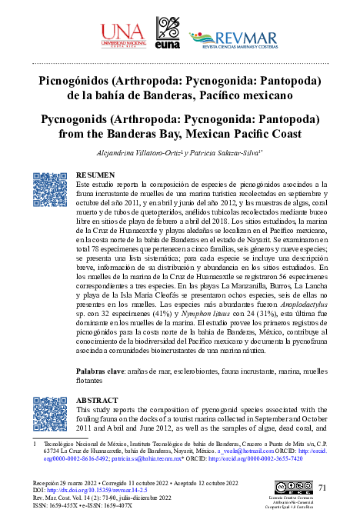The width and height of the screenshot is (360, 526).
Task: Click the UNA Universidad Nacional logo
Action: (122, 34)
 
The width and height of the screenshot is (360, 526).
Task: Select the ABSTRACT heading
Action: (98, 401)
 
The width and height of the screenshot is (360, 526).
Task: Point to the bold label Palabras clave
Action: (102, 372)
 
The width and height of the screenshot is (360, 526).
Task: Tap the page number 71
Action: (322, 487)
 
